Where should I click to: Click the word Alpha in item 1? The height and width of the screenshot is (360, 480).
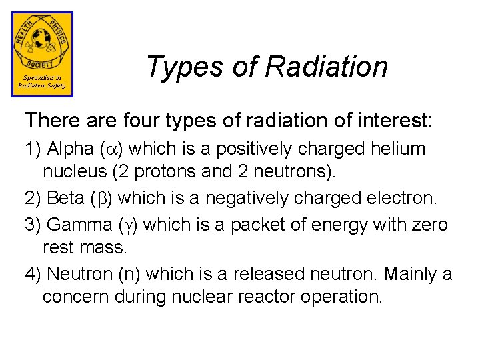[x=71, y=149]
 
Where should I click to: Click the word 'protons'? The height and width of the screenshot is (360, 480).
[x=165, y=171]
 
